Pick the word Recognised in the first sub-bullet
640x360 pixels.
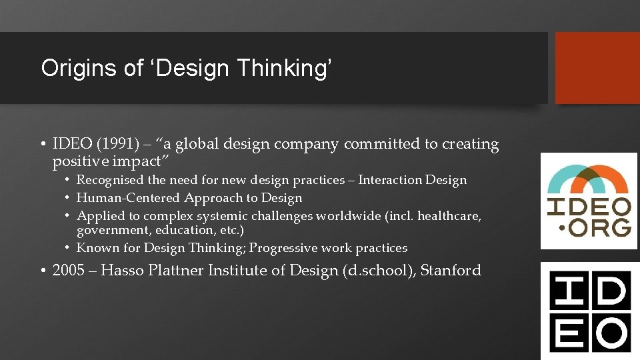(x=111, y=180)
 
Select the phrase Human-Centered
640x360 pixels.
(x=129, y=198)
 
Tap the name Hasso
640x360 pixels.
(x=124, y=271)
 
